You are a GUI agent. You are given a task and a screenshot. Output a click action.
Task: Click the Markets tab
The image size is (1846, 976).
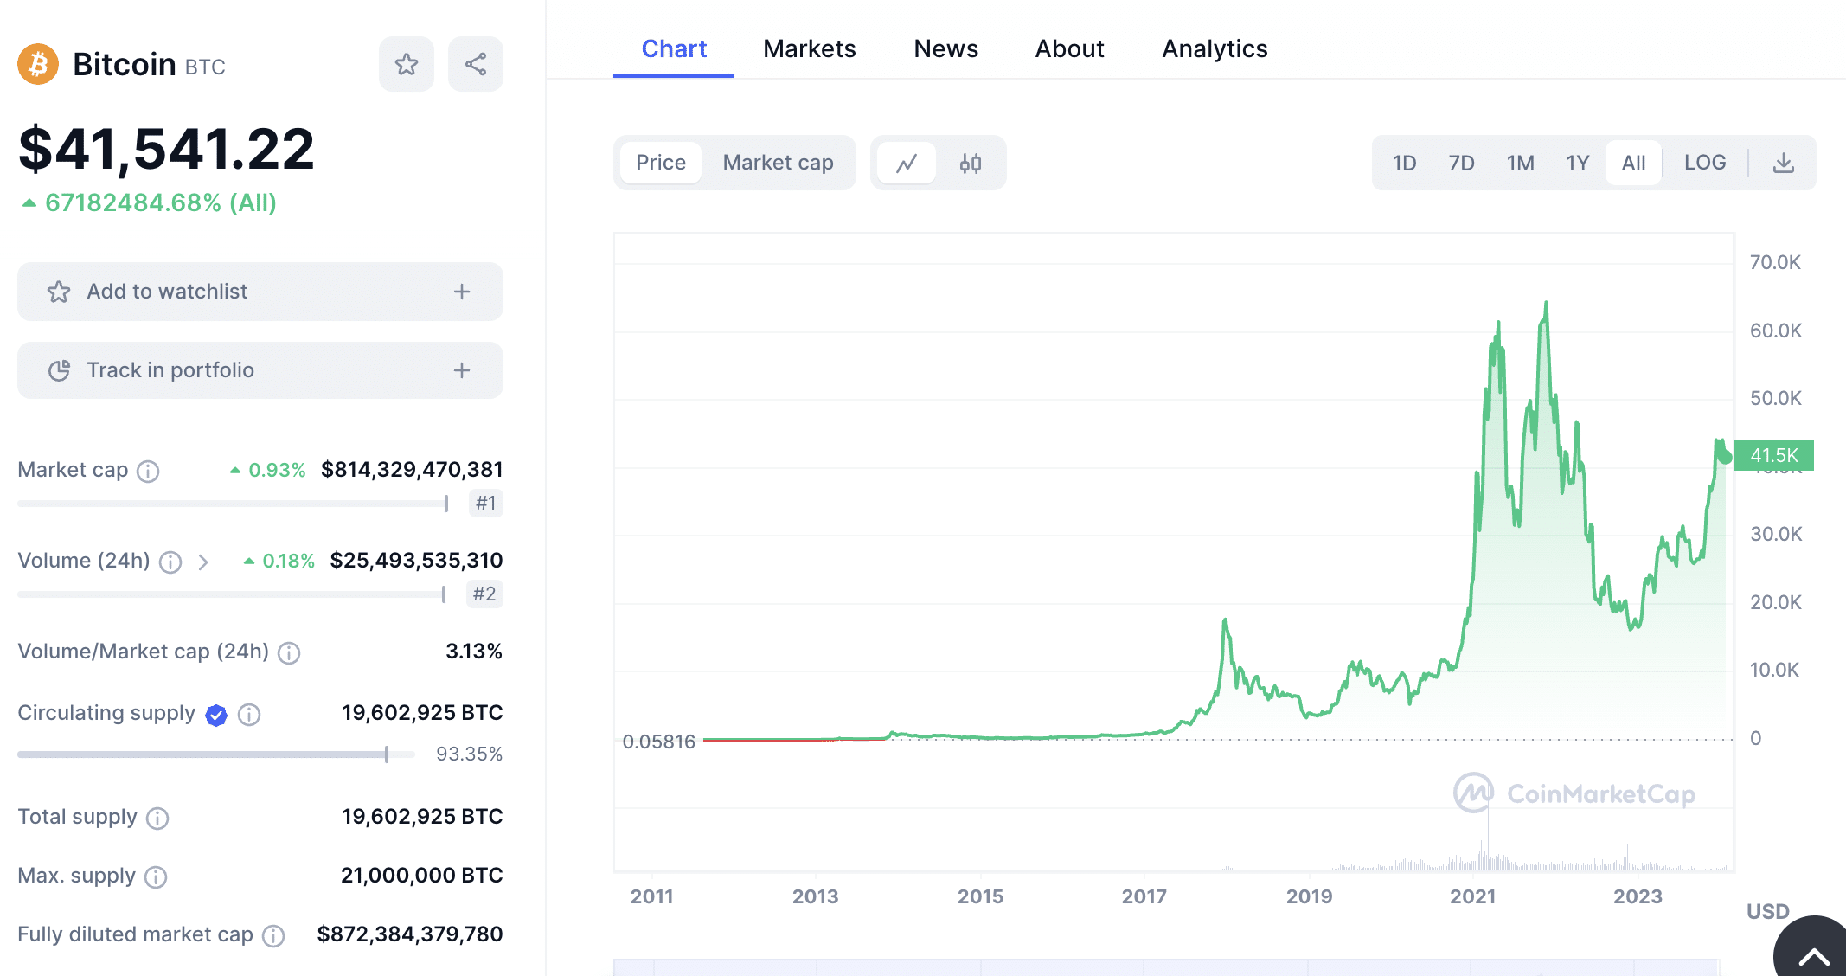coord(809,49)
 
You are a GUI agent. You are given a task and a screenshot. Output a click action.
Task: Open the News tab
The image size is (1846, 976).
coord(945,49)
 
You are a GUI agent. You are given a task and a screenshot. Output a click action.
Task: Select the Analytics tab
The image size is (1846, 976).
coord(1214,49)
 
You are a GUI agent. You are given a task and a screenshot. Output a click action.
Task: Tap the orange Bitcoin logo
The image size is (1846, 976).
coord(38,65)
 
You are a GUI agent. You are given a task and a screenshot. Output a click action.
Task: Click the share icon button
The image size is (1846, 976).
coord(476,64)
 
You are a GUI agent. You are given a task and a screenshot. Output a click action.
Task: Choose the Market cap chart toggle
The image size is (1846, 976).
coord(778,163)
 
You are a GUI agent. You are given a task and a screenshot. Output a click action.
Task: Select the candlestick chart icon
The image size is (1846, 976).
coord(971,163)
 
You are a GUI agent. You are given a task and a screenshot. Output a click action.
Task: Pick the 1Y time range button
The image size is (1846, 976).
coord(1577,163)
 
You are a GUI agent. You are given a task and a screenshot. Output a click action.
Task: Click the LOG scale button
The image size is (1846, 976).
coord(1704,163)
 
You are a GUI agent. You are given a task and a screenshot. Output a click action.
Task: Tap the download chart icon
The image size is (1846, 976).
coord(1784,163)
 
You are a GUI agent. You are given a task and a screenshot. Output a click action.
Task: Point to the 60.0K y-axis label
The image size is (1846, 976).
coord(1775,331)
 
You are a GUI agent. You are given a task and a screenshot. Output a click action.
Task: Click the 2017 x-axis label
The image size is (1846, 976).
coord(1144,896)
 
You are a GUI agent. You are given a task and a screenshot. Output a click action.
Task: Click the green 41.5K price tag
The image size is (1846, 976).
coord(1773,455)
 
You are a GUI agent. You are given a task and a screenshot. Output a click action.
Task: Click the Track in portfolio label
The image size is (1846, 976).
coord(170,370)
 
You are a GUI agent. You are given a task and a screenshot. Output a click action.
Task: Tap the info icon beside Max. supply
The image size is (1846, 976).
coord(156,877)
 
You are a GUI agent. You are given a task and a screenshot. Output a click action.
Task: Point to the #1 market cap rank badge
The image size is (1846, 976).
coord(485,504)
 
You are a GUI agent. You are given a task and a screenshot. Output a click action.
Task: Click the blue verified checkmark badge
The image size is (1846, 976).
coord(216,715)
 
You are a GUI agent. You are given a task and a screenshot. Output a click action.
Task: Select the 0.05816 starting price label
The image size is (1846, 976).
coord(658,742)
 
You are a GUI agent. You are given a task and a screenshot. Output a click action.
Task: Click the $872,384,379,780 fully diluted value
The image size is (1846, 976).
coord(409,934)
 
